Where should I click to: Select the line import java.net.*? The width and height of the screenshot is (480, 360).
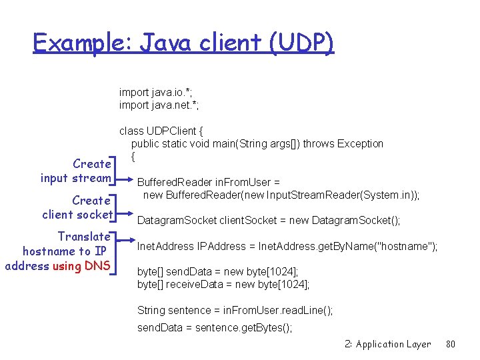(x=159, y=105)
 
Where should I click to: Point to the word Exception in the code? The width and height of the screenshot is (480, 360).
(x=360, y=143)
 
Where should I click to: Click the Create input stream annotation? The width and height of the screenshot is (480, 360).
(x=75, y=171)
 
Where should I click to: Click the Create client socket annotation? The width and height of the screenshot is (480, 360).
(x=77, y=207)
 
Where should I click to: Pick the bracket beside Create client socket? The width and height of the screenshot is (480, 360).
(x=116, y=207)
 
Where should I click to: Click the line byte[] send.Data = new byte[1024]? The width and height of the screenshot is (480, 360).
(x=217, y=272)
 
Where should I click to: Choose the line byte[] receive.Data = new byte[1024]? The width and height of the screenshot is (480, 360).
(x=223, y=285)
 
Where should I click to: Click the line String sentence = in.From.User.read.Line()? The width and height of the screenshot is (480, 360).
(x=235, y=310)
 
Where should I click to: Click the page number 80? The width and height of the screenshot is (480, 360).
(x=451, y=344)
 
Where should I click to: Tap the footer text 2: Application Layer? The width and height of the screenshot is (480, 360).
(x=387, y=344)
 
